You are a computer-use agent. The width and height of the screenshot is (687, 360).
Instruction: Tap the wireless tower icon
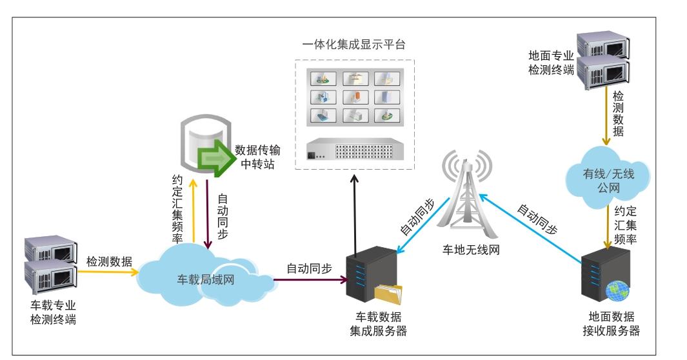[464, 194]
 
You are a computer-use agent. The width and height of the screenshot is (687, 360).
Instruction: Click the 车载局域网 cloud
[203, 279]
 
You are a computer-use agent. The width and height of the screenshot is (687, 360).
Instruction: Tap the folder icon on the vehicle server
[388, 295]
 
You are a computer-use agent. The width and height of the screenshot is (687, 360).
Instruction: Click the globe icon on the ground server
[617, 291]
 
